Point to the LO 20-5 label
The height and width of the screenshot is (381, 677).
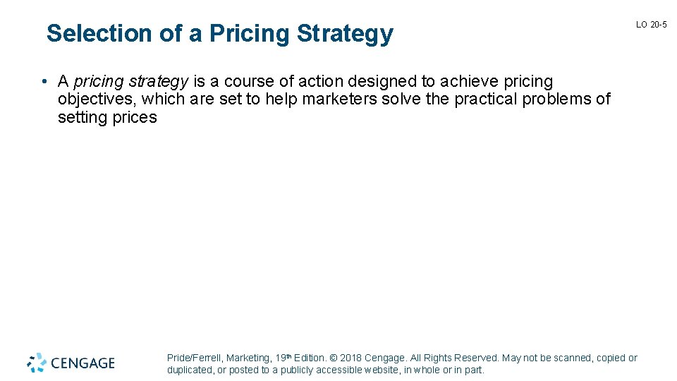coord(651,25)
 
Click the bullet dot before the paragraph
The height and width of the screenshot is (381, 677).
coord(44,82)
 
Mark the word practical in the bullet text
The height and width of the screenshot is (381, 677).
coord(485,99)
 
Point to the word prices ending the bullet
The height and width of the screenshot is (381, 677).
coord(135,117)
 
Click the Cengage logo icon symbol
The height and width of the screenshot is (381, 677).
coord(37,363)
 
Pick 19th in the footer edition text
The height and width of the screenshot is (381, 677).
coord(283,358)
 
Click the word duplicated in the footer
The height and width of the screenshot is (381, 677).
coord(190,370)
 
